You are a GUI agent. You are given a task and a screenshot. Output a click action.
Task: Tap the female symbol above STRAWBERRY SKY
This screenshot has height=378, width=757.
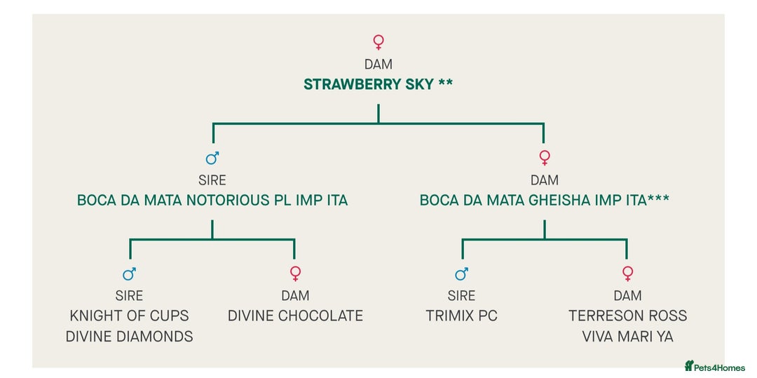coord(378,42)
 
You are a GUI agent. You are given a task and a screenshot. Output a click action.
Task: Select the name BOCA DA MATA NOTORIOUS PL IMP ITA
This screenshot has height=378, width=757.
coord(212,201)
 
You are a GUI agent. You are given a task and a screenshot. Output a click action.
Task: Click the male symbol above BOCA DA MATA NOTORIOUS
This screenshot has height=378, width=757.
coord(212,158)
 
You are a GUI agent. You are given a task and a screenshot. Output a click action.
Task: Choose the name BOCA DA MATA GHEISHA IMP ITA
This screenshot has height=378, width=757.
coord(544,201)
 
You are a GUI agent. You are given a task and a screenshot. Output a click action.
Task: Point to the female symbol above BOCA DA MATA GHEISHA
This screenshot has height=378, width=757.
coord(545,158)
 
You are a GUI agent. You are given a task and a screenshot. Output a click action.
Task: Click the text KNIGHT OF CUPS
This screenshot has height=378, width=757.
coord(129,316)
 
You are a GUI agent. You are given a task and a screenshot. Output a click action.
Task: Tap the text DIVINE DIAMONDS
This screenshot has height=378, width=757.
coord(129,337)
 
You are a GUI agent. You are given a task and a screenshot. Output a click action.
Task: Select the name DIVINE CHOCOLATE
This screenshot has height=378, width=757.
coord(295,316)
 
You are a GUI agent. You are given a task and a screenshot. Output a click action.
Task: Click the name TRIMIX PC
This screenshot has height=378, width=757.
coord(461,316)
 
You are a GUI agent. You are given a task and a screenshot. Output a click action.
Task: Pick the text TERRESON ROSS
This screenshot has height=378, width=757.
coord(627,316)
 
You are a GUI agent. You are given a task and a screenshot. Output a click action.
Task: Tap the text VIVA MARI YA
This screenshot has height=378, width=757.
coord(627,337)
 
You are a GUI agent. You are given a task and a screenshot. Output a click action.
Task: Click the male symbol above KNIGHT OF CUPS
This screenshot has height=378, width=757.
coord(129,274)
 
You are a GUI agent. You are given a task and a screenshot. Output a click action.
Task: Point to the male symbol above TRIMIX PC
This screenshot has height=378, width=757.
coord(461,274)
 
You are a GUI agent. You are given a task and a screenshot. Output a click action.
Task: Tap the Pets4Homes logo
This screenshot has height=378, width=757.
coord(715,366)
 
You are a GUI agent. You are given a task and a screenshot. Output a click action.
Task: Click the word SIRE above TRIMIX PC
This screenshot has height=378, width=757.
coord(461,295)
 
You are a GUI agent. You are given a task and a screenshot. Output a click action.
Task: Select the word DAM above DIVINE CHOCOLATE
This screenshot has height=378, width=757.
coord(295,295)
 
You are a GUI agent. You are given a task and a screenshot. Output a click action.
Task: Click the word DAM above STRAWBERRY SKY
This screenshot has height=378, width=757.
coord(378,65)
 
